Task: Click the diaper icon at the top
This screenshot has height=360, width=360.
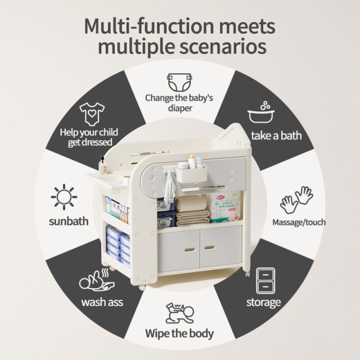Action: (179, 82)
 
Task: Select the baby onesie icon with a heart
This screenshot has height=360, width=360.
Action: (92, 114)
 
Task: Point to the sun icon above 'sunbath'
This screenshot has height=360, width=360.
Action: (64, 197)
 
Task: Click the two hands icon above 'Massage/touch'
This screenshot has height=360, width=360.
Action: (296, 200)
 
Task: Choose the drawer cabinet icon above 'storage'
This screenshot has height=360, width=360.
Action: (265, 281)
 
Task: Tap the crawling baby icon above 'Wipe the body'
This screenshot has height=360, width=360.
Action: (180, 313)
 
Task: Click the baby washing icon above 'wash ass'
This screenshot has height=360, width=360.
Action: (97, 280)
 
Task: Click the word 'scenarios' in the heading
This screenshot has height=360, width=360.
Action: (223, 47)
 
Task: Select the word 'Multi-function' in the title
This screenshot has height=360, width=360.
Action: (150, 26)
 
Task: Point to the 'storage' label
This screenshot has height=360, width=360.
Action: (264, 303)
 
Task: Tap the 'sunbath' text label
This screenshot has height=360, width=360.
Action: (69, 221)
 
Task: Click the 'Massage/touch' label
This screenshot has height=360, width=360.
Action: (299, 222)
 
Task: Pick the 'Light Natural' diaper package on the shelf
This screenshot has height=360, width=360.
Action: (224, 208)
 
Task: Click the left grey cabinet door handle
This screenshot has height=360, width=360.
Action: (190, 249)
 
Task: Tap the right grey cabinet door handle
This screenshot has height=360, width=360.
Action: (210, 247)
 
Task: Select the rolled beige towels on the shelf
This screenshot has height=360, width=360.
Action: (192, 211)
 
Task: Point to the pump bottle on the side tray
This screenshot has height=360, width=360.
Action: (102, 165)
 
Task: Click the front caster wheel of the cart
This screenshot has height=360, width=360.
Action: (142, 287)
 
